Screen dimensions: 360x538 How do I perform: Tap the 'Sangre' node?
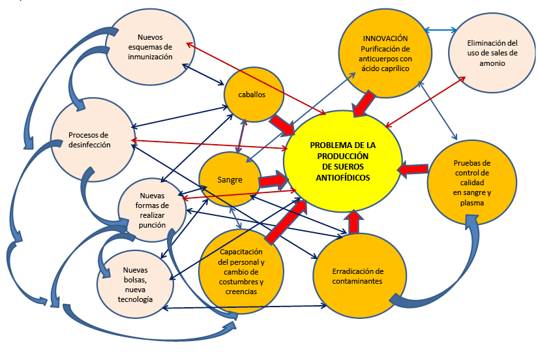click(230, 179)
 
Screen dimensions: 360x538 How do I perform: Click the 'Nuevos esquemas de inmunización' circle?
click(150, 47)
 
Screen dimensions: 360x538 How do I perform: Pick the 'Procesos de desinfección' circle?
click(89, 140)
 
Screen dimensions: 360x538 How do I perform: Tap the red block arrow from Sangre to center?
click(272, 178)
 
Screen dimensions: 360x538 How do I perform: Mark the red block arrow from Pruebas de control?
click(411, 169)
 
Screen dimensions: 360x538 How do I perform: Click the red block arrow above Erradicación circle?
click(353, 222)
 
